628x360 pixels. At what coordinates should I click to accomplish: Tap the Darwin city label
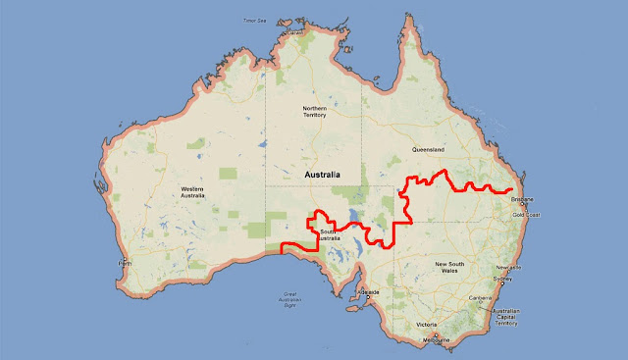tap(290, 33)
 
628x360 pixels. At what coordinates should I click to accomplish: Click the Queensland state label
tap(429, 150)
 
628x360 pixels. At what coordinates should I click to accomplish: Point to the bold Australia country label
tap(323, 174)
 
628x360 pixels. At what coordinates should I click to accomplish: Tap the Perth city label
tap(124, 264)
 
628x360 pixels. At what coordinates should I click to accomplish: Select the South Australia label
tap(330, 235)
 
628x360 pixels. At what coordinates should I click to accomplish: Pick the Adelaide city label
tap(369, 292)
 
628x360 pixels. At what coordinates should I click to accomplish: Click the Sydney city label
tap(503, 280)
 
